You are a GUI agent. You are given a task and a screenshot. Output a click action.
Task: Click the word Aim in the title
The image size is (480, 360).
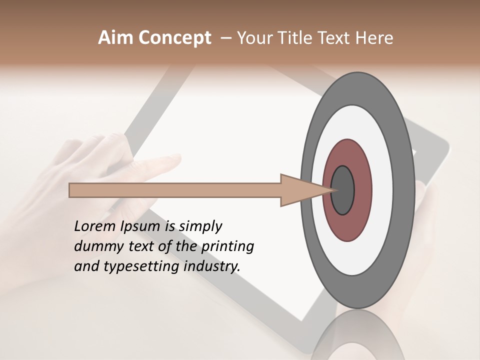(x=116, y=38)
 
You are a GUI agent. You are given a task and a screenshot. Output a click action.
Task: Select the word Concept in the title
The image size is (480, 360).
(x=175, y=38)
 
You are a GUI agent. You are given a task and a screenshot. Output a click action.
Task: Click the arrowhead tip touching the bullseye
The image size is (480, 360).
(x=332, y=190)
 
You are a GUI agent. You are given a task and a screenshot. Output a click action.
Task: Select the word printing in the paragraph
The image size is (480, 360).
(x=227, y=247)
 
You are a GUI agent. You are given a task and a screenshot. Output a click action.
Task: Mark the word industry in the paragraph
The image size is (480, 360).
(x=212, y=267)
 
